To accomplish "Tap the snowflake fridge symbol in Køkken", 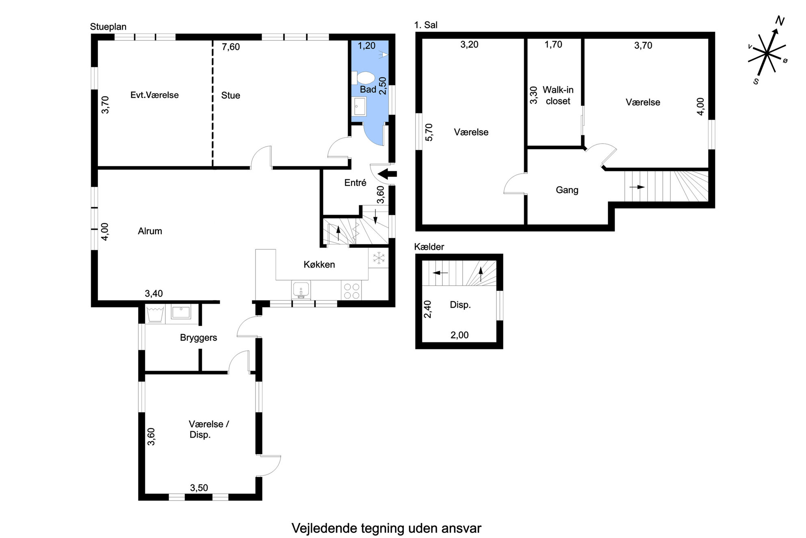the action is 379,258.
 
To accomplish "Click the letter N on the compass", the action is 780,21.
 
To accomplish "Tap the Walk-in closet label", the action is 558,95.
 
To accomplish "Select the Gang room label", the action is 567,190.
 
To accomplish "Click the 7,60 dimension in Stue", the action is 231,47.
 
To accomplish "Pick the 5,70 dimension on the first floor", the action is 429,132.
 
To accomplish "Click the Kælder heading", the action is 429,247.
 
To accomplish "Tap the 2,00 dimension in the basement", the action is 459,335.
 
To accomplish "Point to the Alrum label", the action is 150,231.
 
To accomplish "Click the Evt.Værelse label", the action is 154,95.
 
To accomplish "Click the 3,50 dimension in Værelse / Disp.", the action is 199,488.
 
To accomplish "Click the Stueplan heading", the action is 108,27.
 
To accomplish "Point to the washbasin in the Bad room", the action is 360,107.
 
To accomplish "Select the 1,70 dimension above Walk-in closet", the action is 553,44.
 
